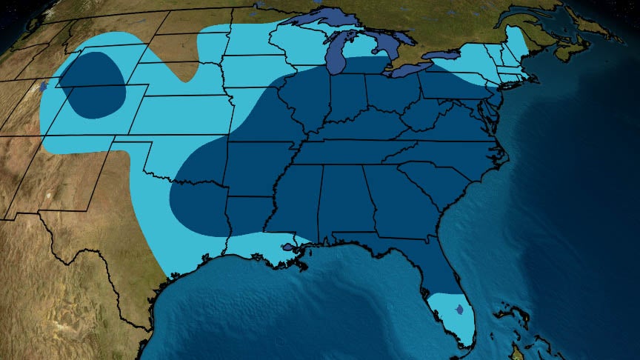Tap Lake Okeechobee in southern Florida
459,308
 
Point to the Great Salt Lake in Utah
45,86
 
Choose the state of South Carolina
430,181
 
